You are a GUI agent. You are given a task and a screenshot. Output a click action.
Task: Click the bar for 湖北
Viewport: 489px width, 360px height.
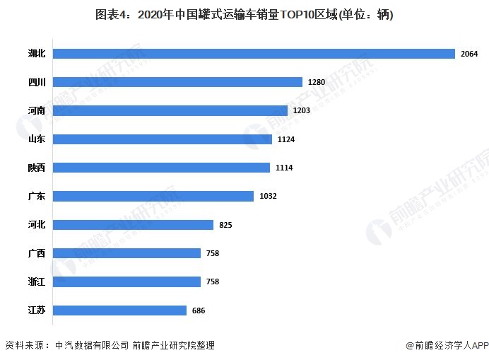253,54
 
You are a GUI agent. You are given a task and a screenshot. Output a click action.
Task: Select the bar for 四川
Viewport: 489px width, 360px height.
177,82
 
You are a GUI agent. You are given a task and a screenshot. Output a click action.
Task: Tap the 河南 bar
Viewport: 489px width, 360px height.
170,110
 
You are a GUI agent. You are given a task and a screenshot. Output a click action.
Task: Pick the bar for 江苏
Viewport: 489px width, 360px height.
119,310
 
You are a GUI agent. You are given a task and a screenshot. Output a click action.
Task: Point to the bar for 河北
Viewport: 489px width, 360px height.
133,225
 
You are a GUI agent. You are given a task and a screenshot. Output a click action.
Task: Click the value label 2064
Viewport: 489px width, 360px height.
469,54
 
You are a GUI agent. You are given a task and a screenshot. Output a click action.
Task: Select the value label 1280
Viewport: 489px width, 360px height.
316,83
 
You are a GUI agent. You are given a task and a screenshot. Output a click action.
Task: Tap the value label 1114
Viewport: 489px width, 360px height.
284,168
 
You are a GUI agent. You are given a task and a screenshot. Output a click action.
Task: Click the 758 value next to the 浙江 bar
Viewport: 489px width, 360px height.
212,281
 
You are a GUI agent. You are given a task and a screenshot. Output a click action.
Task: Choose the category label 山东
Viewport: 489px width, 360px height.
37,139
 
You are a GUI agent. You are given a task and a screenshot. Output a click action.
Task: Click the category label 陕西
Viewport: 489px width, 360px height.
37,168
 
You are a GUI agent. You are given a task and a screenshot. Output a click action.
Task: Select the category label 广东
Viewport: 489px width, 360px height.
37,196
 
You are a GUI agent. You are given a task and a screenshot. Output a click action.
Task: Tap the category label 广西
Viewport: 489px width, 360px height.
37,253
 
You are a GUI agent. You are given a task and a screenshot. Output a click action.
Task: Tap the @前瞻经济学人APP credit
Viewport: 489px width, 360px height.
447,345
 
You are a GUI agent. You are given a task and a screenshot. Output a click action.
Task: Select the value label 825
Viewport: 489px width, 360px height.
225,225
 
